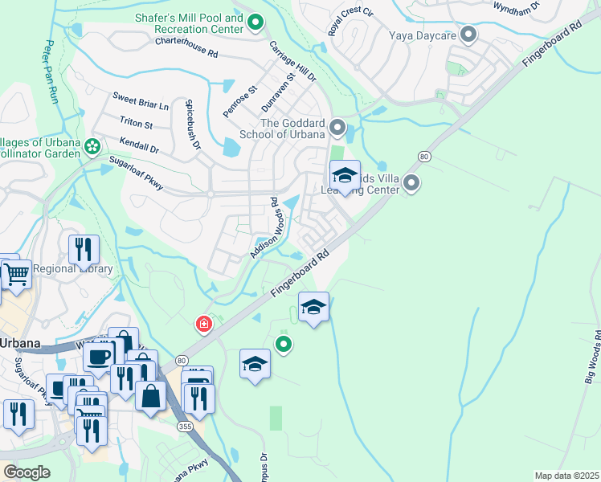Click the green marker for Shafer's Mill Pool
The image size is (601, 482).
pyautogui.click(x=256, y=23)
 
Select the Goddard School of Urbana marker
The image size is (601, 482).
pyautogui.click(x=338, y=128)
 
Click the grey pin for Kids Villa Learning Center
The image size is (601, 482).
pyautogui.click(x=411, y=184)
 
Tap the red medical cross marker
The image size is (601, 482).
pyautogui.click(x=204, y=325)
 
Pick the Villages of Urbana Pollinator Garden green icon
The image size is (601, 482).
pyautogui.click(x=92, y=147)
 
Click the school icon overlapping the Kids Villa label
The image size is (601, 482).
pyautogui.click(x=345, y=176)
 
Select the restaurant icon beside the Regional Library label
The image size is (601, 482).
pyautogui.click(x=83, y=250)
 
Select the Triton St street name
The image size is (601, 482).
pyautogui.click(x=136, y=124)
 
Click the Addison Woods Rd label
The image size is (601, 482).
pyautogui.click(x=268, y=229)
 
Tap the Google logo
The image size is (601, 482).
pyautogui.click(x=26, y=472)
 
